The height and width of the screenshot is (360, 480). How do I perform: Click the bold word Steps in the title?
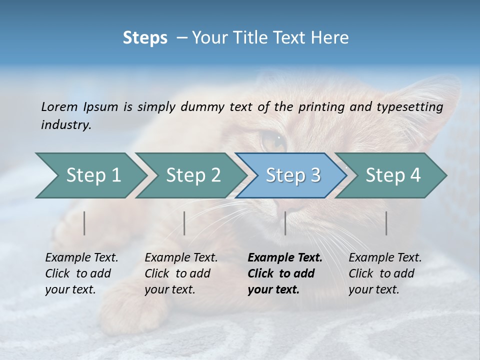[x=145, y=37]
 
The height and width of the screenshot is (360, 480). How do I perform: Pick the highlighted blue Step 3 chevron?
[x=293, y=175]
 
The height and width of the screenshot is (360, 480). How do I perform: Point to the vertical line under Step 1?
[x=84, y=223]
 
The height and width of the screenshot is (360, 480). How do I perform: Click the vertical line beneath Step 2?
[x=184, y=223]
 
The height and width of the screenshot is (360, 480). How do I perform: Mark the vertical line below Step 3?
[x=285, y=223]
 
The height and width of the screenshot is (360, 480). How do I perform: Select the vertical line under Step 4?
[x=386, y=223]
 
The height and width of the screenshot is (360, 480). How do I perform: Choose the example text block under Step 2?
[x=180, y=273]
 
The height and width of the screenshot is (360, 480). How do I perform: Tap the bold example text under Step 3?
[x=284, y=273]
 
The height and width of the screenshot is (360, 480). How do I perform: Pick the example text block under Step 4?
[x=384, y=273]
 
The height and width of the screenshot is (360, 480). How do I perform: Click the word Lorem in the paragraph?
[x=59, y=106]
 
